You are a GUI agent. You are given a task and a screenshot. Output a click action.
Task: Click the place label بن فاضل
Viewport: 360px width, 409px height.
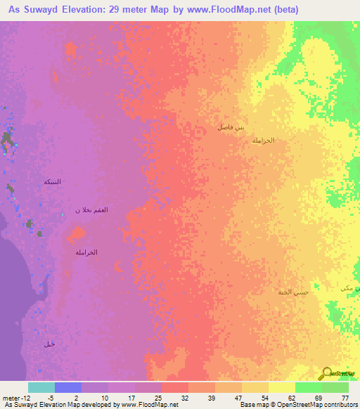click(x=231, y=127)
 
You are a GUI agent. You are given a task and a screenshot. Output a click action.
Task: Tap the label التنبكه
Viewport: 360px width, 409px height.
click(x=53, y=182)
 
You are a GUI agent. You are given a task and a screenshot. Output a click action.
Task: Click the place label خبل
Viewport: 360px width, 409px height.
click(x=49, y=344)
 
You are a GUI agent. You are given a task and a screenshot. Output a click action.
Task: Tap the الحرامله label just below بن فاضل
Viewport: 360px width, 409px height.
click(x=262, y=141)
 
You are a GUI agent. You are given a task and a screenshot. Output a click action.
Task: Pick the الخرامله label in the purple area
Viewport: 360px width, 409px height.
click(x=86, y=252)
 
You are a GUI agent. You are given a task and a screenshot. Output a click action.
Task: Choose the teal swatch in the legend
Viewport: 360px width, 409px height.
click(x=41, y=387)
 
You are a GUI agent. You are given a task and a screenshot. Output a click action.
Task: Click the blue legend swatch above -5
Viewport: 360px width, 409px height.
click(x=68, y=387)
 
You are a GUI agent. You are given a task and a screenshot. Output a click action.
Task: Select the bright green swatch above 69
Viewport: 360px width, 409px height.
click(x=309, y=387)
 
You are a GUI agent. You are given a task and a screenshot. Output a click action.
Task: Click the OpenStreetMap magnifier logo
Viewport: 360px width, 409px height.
click(x=327, y=373)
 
